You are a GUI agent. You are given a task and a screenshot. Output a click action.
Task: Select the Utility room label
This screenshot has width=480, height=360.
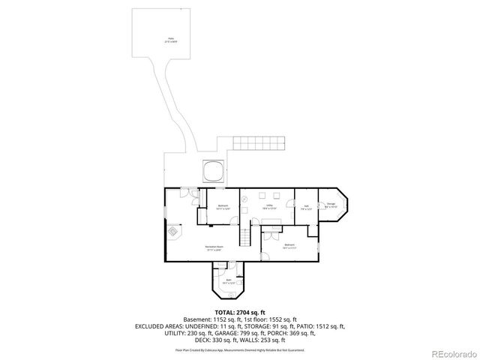pyautogui.click(x=268, y=206)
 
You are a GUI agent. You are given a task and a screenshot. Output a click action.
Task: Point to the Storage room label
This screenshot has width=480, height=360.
pyautogui.click(x=331, y=205)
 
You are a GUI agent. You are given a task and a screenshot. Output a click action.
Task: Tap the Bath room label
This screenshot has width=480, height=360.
pyautogui.click(x=229, y=280)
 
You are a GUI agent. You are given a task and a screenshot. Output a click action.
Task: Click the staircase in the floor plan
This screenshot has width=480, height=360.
pyautogui.click(x=245, y=238)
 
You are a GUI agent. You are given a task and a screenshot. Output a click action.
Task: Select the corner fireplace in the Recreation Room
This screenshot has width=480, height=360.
pyautogui.click(x=172, y=232)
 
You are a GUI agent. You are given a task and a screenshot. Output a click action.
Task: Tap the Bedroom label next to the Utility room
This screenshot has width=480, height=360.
pyautogui.click(x=223, y=206)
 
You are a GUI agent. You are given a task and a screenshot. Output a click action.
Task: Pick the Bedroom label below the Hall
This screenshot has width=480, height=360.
pyautogui.click(x=289, y=246)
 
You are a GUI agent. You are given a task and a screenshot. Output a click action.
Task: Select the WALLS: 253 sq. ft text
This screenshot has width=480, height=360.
pyautogui.click(x=269, y=341)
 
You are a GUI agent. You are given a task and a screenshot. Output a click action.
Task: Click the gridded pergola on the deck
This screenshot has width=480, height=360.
pyautogui.click(x=259, y=142)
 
